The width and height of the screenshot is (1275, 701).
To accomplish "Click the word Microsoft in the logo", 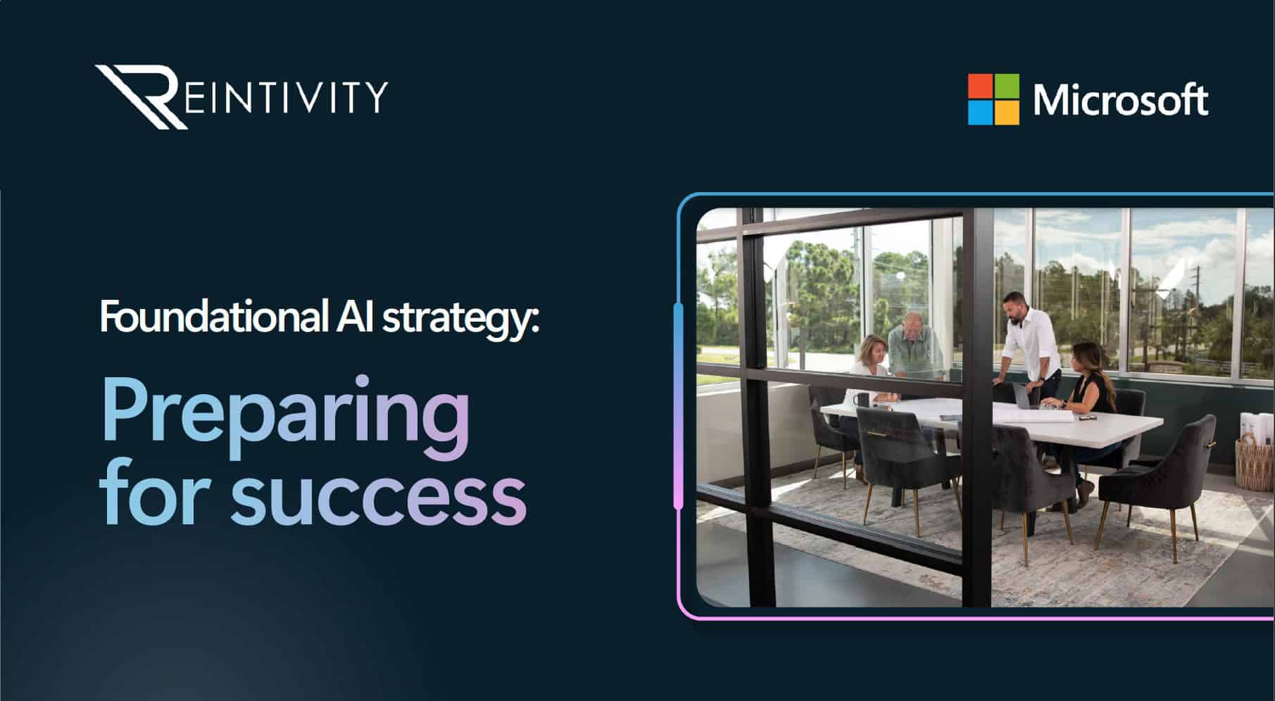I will (x=1121, y=100).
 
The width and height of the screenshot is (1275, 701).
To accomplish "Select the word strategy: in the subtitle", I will (x=460, y=320).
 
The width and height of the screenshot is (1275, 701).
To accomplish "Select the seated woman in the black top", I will (x=1088, y=384).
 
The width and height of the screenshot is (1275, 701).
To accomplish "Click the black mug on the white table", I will (x=863, y=400).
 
